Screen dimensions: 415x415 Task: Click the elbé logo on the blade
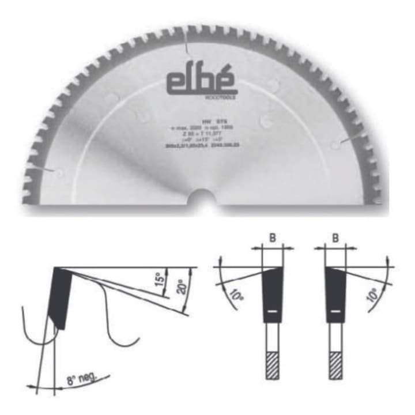pos(202,82)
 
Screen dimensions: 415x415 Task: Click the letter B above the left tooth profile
pos(272,236)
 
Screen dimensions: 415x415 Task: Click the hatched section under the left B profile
pos(273,365)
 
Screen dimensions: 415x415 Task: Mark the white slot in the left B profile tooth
pos(273,312)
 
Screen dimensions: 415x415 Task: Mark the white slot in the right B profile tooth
pos(335,312)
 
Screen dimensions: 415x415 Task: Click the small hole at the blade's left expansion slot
pos(56,171)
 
